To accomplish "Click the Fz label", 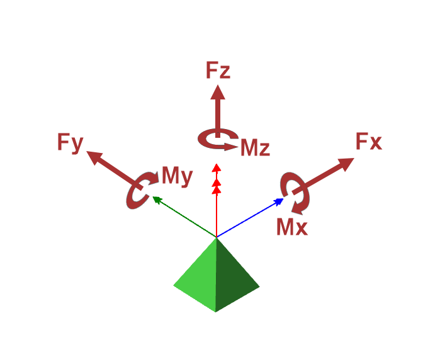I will [x=218, y=70].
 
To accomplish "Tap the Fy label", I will [x=70, y=143].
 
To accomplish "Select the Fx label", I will [x=368, y=142].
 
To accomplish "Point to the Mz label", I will [x=255, y=149].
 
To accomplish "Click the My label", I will [x=177, y=176].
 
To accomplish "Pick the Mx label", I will [x=292, y=227].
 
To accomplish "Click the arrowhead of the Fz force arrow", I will [x=218, y=92].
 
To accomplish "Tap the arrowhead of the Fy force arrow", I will [x=94, y=157].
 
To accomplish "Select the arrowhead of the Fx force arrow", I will [x=345, y=164].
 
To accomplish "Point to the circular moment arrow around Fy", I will [x=138, y=191].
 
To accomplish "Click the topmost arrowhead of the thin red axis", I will [x=217, y=167].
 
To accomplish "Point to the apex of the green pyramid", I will [x=217, y=238].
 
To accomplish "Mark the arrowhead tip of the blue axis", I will [x=283, y=199].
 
